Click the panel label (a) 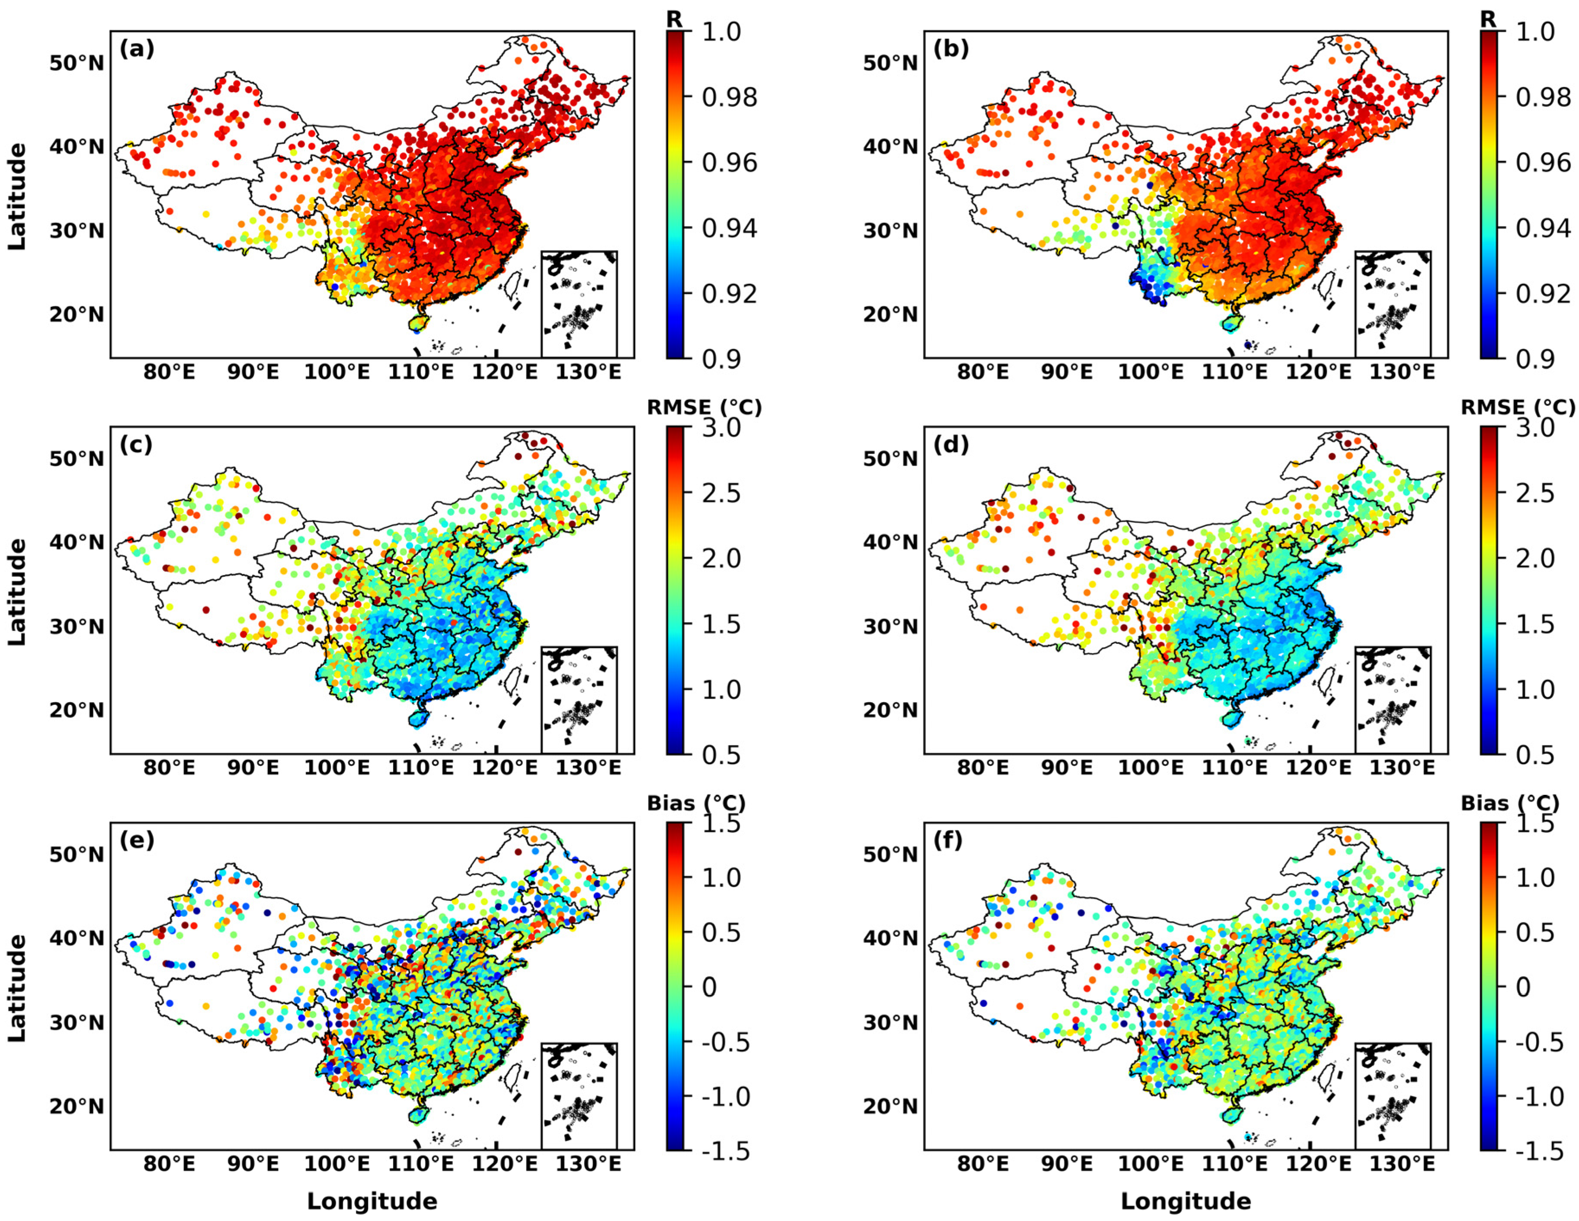pyautogui.click(x=137, y=49)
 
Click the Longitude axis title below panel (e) pyautogui.click(x=372, y=1202)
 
